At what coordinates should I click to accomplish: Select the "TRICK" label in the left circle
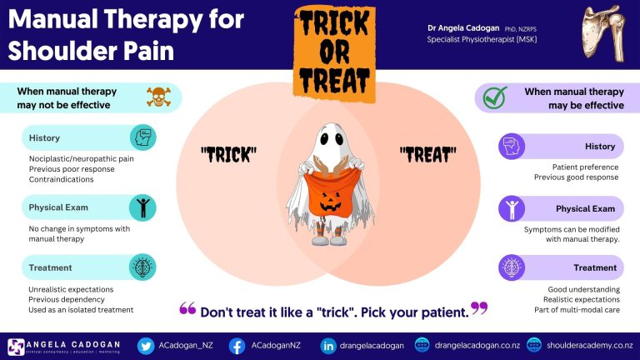pos(227,154)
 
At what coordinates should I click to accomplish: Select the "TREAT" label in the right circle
pos(427,154)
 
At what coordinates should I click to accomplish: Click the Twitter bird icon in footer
pos(147,346)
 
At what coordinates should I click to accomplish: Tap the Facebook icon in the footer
pos(237,346)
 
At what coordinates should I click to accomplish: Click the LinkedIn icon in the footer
pos(328,346)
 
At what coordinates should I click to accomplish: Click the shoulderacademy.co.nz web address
pos(588,346)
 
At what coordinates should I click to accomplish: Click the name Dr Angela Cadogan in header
pos(464,27)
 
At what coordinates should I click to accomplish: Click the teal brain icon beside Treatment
pos(142,267)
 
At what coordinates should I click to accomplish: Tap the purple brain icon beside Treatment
pos(510,267)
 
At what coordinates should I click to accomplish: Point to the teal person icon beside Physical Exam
pos(142,207)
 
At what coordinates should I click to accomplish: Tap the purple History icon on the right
pos(510,147)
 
